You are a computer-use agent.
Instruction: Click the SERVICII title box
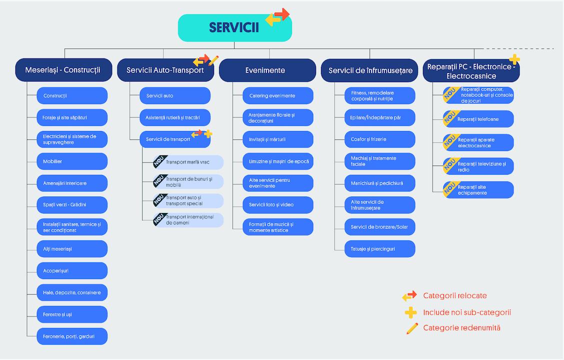click(x=234, y=28)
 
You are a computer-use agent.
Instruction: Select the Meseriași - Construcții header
click(x=62, y=70)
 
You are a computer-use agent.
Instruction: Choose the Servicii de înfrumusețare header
click(x=370, y=70)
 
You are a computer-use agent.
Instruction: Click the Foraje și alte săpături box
click(x=72, y=117)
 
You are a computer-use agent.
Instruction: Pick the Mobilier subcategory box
click(x=72, y=161)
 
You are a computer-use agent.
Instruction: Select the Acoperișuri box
click(x=72, y=271)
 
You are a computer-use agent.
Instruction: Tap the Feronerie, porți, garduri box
click(x=72, y=336)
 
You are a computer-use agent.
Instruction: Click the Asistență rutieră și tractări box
click(x=175, y=117)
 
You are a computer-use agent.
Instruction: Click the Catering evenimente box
click(x=273, y=95)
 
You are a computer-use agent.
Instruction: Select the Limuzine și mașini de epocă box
click(x=273, y=161)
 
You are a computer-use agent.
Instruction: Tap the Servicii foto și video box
click(x=273, y=205)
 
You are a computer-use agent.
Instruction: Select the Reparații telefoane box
click(x=478, y=119)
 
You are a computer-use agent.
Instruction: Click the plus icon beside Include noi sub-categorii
click(x=410, y=312)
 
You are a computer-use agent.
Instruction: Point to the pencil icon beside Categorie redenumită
click(x=412, y=328)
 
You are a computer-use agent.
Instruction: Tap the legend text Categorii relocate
click(x=454, y=296)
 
